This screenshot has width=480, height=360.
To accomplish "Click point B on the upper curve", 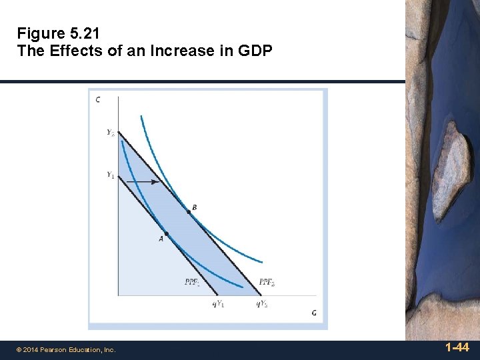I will (188, 211).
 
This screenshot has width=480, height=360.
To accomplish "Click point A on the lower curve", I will (166, 233).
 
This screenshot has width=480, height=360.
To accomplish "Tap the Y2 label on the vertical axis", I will (110, 133).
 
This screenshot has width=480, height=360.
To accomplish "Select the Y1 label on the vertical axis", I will (110, 175).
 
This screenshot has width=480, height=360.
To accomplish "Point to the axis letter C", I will (98, 100).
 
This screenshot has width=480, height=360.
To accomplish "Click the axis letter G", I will (313, 313).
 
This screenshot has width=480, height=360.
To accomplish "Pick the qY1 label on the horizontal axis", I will (218, 304).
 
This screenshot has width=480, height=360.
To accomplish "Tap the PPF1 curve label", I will (191, 282).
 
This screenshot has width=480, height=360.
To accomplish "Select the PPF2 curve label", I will (267, 282).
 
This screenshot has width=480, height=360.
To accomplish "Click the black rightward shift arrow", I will (143, 181).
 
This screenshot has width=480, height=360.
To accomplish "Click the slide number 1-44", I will (457, 347).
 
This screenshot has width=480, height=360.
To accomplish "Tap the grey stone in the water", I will (448, 170).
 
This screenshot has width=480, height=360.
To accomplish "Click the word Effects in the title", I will (69, 51).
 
